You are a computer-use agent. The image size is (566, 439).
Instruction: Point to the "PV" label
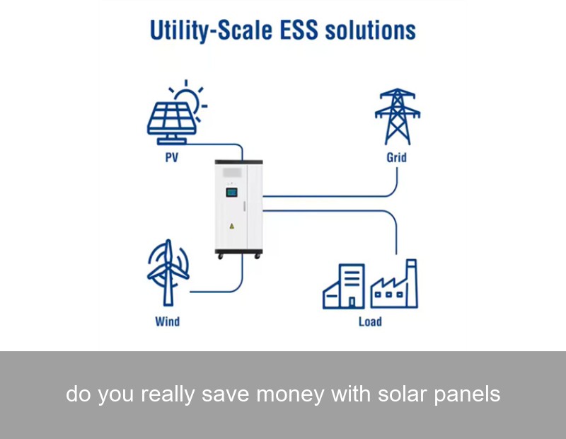tap(172, 158)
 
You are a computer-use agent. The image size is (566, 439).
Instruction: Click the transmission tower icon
tap(397, 116)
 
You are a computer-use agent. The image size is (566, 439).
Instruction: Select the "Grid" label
tap(396, 157)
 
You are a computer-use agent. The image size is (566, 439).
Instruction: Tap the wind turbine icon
tap(168, 272)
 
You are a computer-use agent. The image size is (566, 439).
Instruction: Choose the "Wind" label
tap(168, 321)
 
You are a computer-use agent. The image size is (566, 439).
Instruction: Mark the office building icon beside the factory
tap(345, 287)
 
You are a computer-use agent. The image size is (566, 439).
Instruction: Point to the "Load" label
tap(370, 321)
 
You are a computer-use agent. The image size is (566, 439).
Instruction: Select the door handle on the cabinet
tap(244, 206)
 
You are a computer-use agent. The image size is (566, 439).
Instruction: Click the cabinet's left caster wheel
tap(220, 255)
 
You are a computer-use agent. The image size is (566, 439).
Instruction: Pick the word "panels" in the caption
tap(466, 394)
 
